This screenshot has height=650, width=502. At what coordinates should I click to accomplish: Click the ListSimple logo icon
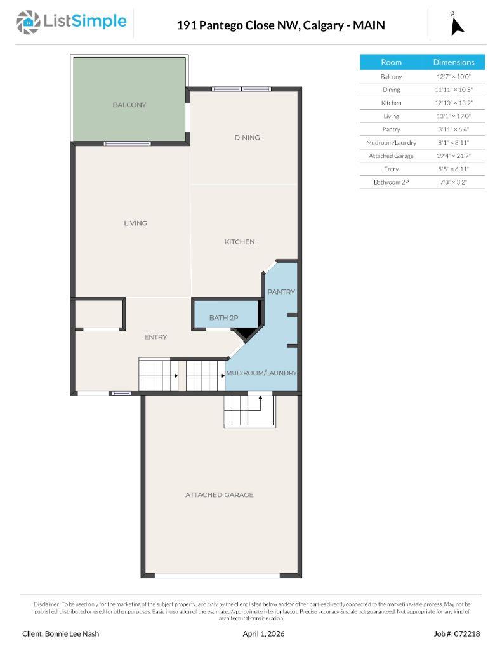pos(27,23)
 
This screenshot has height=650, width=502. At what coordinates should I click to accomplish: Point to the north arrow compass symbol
pos(457,25)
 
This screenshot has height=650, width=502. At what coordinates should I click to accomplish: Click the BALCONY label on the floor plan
pos(129,105)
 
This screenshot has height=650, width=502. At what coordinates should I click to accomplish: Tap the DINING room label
pos(247,138)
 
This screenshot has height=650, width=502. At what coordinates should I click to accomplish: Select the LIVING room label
pos(135,223)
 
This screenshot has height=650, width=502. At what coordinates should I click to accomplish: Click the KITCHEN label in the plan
pos(239,242)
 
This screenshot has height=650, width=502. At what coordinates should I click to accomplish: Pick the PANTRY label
pos(281,292)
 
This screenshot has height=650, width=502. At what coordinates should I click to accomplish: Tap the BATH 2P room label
pos(223,317)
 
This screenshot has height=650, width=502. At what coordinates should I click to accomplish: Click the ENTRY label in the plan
pos(155,337)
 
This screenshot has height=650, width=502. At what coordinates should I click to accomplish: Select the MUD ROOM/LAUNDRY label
pos(261,373)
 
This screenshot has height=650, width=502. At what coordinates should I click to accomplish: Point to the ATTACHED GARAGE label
pos(219,494)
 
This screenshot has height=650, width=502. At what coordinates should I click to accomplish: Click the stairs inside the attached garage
pos(249,411)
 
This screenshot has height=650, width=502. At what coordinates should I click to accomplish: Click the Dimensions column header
pos(453,62)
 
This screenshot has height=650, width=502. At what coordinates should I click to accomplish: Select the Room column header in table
pos(391,62)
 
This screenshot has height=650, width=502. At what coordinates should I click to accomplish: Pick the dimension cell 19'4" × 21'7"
pos(453,156)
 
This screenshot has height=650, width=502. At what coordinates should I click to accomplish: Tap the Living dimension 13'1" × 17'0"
pos(453,116)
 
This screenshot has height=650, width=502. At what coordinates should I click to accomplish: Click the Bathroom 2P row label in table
pos(391,182)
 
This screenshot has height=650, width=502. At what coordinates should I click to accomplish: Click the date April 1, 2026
pos(263,633)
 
